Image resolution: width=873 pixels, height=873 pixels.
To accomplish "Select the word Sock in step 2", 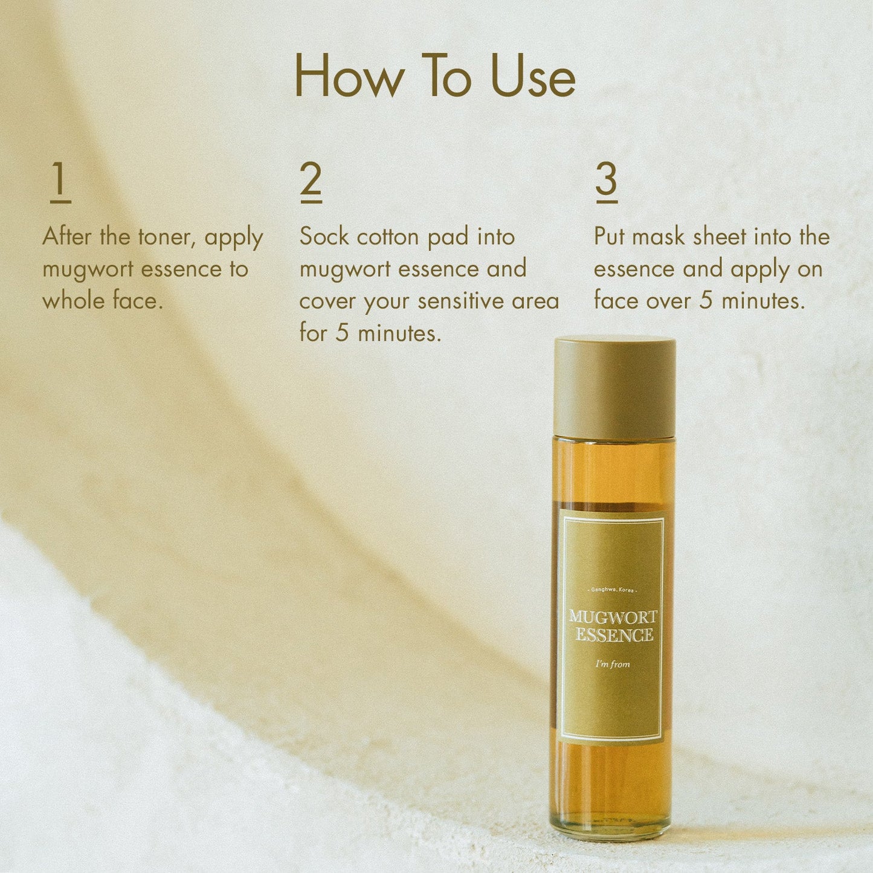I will (324, 237).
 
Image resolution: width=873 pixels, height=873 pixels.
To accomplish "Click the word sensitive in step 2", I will (462, 301).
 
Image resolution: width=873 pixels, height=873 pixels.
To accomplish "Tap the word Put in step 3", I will (610, 237).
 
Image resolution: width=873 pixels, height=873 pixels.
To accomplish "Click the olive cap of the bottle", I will (614, 387).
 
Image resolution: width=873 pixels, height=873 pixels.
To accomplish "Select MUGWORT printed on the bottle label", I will (613, 617).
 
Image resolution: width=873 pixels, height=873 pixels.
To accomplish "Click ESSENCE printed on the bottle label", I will (614, 635).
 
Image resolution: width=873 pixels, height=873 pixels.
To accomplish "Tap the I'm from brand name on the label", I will (612, 664).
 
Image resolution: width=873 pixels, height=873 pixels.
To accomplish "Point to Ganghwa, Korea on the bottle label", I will (612, 589).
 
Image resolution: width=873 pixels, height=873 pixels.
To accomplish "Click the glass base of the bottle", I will (611, 822).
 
